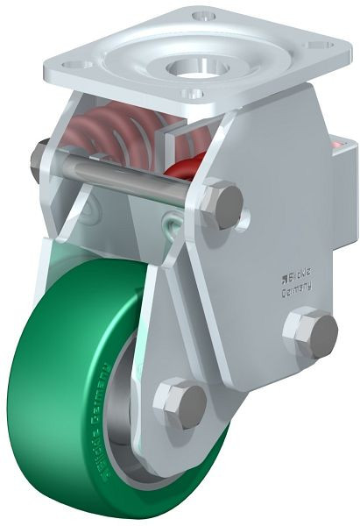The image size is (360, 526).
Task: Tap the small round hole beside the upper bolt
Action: click(x=248, y=213)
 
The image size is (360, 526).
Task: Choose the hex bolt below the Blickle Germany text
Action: click(x=310, y=331)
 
